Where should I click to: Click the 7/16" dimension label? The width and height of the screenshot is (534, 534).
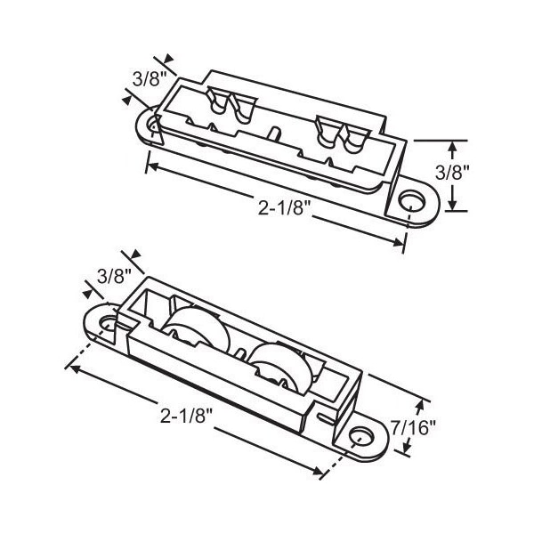413,428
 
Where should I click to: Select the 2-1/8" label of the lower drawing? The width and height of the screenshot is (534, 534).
186,416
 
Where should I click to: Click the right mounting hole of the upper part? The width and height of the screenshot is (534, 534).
412,201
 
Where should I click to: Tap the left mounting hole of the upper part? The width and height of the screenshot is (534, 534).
152,124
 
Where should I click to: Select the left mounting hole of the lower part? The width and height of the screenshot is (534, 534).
108,324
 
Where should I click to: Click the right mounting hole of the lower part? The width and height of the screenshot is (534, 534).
362,435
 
